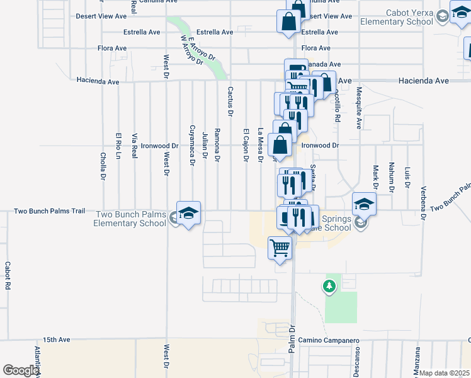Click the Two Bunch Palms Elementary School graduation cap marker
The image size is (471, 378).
click(x=188, y=213)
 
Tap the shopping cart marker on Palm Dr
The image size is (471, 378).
click(x=280, y=247)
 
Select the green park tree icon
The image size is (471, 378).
click(x=329, y=287)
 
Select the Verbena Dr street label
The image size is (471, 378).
click(x=424, y=203)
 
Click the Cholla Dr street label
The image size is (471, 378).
click(x=103, y=166)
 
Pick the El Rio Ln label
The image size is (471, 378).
click(x=118, y=146)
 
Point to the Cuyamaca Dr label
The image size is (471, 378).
click(x=192, y=145)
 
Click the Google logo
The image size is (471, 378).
click(x=21, y=370)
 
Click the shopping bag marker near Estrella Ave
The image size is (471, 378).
click(x=288, y=21)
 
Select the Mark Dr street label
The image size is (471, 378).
click(x=375, y=176)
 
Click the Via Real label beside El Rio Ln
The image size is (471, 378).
click(x=134, y=144)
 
